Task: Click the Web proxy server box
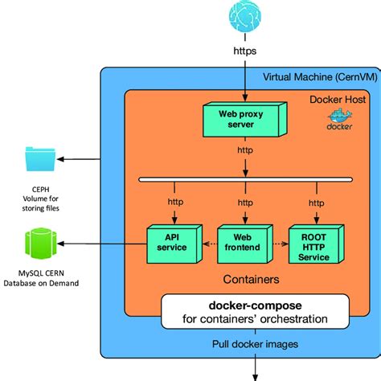pyautogui.click(x=243, y=119)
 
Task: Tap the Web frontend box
pyautogui.click(x=243, y=243)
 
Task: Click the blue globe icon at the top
pyautogui.click(x=244, y=18)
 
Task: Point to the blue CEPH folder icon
pyautogui.click(x=41, y=158)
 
